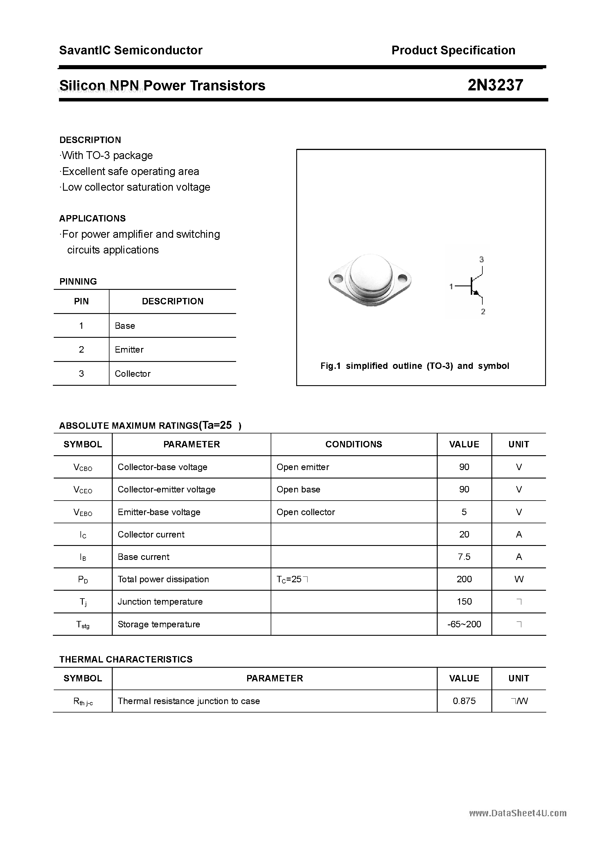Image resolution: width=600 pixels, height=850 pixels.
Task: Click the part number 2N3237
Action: point(495,85)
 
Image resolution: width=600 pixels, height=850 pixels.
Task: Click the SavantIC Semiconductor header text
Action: point(131,50)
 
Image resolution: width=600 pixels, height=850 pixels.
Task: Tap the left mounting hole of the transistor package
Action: point(338,278)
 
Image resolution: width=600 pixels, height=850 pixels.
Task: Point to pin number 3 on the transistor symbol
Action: point(481,260)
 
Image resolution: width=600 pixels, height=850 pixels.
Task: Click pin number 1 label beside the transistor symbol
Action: point(451,286)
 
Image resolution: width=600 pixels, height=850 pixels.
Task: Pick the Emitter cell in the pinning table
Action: point(129,349)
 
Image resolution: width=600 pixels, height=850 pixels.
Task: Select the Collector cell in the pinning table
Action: point(132,374)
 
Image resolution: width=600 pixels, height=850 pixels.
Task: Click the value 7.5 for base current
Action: point(464,557)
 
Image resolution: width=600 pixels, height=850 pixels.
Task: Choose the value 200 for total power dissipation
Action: point(464,579)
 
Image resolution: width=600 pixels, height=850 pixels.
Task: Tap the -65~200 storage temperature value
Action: point(464,624)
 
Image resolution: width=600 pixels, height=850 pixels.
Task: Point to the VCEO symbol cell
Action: point(83,490)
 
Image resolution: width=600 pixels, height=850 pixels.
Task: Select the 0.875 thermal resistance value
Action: point(464,701)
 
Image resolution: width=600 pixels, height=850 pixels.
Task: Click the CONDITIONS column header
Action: point(354,444)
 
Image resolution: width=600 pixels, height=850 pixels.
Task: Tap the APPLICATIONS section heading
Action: point(92,218)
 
